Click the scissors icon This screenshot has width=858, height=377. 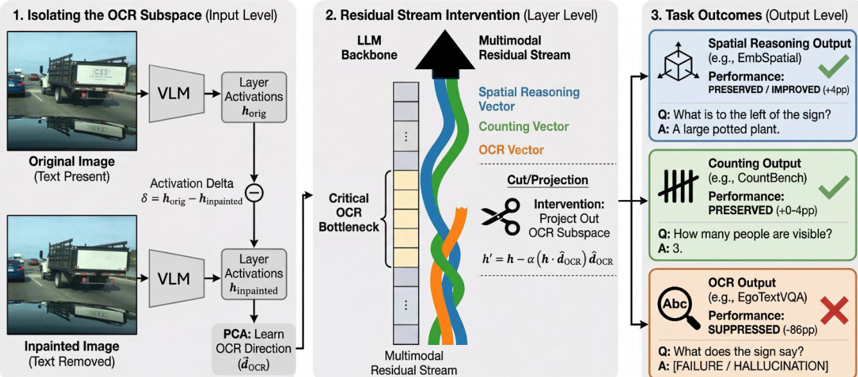[501, 217]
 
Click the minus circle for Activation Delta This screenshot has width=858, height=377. [255, 192]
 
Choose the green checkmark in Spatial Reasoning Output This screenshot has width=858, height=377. [833, 66]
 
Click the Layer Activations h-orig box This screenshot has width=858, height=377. [253, 97]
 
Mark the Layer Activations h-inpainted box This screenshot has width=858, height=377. [253, 274]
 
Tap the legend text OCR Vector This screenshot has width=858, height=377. [510, 150]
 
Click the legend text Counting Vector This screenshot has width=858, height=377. [524, 127]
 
